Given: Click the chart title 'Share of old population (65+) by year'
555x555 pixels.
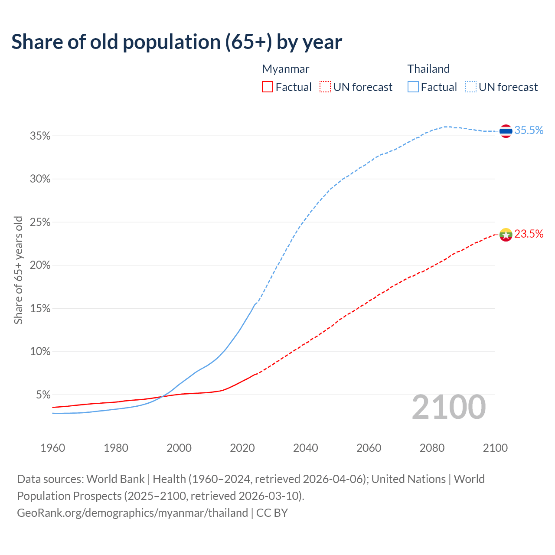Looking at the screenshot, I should pos(176,42).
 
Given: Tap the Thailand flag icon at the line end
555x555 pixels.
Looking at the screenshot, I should pos(506,131).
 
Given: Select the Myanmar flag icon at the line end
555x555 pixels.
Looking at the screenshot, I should pos(506,235).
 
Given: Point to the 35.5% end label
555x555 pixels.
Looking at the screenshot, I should pos(529,130).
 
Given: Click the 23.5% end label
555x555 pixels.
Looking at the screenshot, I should pos(529,234).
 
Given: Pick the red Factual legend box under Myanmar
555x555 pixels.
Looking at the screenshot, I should pos(268,87).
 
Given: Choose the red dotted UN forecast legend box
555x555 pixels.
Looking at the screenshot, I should pos(325,87).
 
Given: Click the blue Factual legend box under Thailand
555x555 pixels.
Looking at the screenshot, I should pos(413,87).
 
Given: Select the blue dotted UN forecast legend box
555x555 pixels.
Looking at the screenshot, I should pos(471,87).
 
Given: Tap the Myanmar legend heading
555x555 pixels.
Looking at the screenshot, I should pos(286,69).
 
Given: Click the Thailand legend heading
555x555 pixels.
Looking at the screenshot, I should pos(428,69).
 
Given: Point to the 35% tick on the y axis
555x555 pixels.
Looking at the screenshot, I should pos(40,136).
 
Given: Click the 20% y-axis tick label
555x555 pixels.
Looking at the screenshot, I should pos(40,265).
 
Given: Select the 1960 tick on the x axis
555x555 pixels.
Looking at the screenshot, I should pos(52,448).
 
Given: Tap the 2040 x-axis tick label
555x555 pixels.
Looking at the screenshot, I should pos(305,448).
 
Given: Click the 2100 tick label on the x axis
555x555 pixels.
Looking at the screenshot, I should pos(495,448).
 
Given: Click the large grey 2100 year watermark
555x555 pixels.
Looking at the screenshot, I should pos(448,407).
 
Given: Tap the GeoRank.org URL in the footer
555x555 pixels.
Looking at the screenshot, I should pos(132,513).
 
